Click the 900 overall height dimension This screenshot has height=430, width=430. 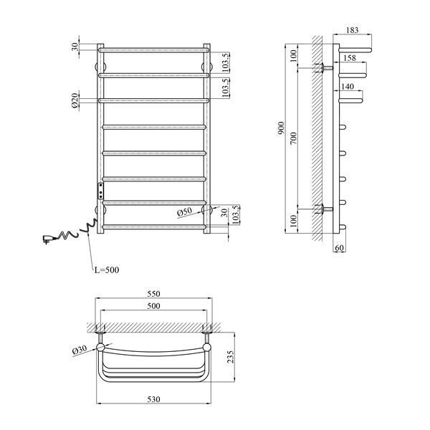click(282, 128)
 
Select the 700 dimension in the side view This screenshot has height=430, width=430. click(293, 138)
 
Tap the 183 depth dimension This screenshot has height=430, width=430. click(352, 30)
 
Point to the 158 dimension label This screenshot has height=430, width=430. click(350, 58)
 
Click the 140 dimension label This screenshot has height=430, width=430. click(348, 87)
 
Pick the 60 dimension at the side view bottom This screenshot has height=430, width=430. click(339, 248)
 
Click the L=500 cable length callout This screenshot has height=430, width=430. click(107, 270)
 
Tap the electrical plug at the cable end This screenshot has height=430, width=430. click(48, 239)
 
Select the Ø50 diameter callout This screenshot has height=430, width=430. click(184, 212)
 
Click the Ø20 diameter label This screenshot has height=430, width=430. click(75, 100)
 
